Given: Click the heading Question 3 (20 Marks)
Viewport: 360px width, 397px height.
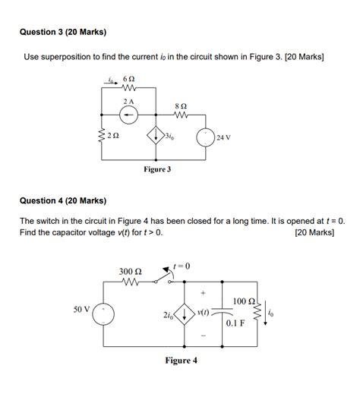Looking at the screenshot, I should (63, 33).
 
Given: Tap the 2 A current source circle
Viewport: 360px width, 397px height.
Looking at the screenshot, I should (129, 114).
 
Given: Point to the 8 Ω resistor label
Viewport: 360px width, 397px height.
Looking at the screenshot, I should (180, 107).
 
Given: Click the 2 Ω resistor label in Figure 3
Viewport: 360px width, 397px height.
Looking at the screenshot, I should (112, 136).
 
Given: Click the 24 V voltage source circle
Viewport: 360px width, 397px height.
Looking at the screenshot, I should (207, 138).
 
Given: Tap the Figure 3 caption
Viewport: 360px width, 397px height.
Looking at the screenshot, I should (157, 169).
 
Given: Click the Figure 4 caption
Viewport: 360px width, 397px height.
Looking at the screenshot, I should (181, 361).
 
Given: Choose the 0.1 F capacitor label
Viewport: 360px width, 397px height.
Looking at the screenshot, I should (235, 323).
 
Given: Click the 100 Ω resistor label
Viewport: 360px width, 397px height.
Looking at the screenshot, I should (245, 301).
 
